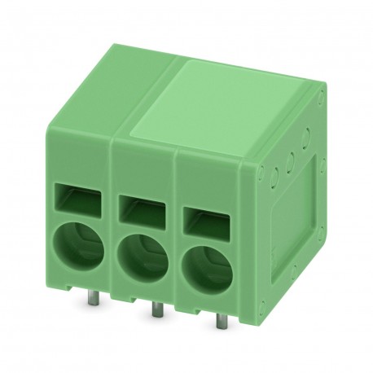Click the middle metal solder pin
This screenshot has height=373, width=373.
click(152, 313)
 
